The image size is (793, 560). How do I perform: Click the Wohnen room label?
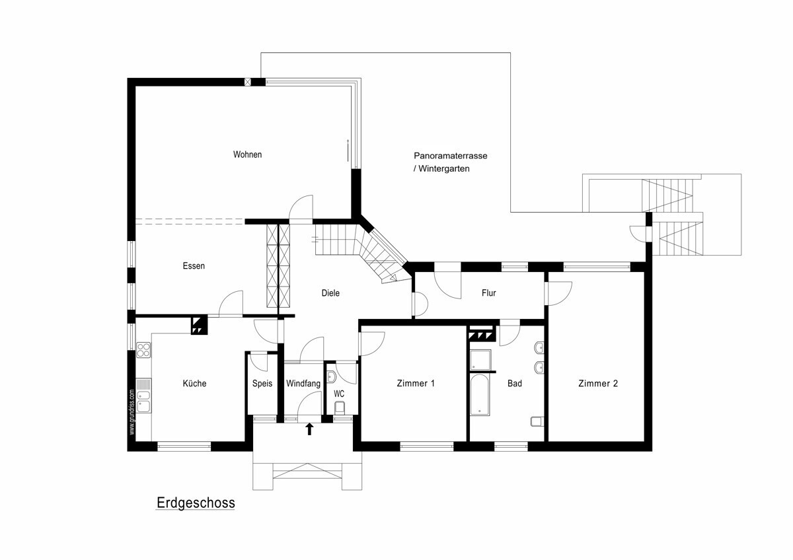(247, 155)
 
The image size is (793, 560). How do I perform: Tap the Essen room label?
(194, 266)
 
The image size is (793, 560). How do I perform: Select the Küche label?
(194, 383)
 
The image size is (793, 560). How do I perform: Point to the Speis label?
(262, 384)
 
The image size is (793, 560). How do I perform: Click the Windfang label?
(303, 384)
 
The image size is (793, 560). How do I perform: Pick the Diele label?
(330, 293)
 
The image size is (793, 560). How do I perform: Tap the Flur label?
(489, 293)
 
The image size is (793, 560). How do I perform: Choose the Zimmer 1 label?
(416, 384)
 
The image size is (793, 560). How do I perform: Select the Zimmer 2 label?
(598, 384)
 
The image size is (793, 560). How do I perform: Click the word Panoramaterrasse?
(450, 156)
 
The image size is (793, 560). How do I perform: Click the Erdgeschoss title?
(196, 503)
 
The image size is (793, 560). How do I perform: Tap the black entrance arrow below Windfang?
(310, 429)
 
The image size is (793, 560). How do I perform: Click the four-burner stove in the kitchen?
(143, 350)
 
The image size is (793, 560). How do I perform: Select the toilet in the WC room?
(340, 407)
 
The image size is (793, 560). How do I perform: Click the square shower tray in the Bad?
(480, 360)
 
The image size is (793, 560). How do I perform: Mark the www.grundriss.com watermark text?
(132, 412)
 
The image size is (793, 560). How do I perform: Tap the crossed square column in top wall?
(248, 82)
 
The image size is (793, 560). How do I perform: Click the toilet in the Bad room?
(537, 422)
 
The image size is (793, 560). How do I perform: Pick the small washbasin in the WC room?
(331, 377)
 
